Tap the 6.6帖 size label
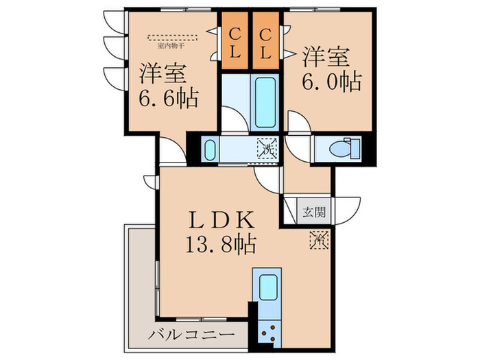pyautogui.click(x=169, y=98)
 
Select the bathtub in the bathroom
pyautogui.click(x=265, y=104)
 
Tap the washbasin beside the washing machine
pyautogui.click(x=211, y=149)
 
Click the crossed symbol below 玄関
pyautogui.click(x=319, y=241)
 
